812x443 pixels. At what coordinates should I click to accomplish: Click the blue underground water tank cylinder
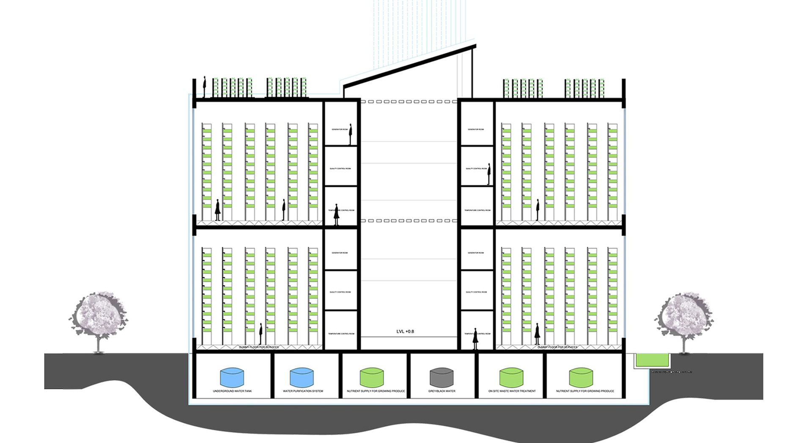coord(232,377)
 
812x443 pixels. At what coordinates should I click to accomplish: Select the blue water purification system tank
coord(302,377)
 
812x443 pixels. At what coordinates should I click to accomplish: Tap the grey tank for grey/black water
coord(441,377)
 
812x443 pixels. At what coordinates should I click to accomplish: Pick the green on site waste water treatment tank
coord(511,377)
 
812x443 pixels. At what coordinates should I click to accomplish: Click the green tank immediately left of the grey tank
coord(371,377)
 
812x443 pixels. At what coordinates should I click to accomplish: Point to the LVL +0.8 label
coord(405,331)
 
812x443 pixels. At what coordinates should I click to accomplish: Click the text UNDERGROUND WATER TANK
coord(232,391)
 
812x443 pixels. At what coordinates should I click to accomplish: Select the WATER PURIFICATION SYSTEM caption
coord(303,391)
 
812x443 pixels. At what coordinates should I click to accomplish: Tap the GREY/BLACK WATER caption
coord(442,391)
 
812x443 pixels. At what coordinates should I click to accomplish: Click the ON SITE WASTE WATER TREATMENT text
coord(512,391)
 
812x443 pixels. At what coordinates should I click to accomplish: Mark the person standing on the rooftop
coord(204,87)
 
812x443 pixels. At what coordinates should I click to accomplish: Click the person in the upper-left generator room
coord(350,134)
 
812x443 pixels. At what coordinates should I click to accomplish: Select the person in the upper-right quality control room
coord(489,174)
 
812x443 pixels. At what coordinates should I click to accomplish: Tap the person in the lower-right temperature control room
coord(475,339)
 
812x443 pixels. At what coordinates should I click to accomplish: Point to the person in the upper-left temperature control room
coord(337,214)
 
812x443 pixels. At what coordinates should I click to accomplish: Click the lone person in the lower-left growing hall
coord(261,334)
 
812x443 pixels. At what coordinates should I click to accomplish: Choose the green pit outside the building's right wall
coord(652,360)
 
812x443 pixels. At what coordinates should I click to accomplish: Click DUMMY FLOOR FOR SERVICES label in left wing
coord(259,347)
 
